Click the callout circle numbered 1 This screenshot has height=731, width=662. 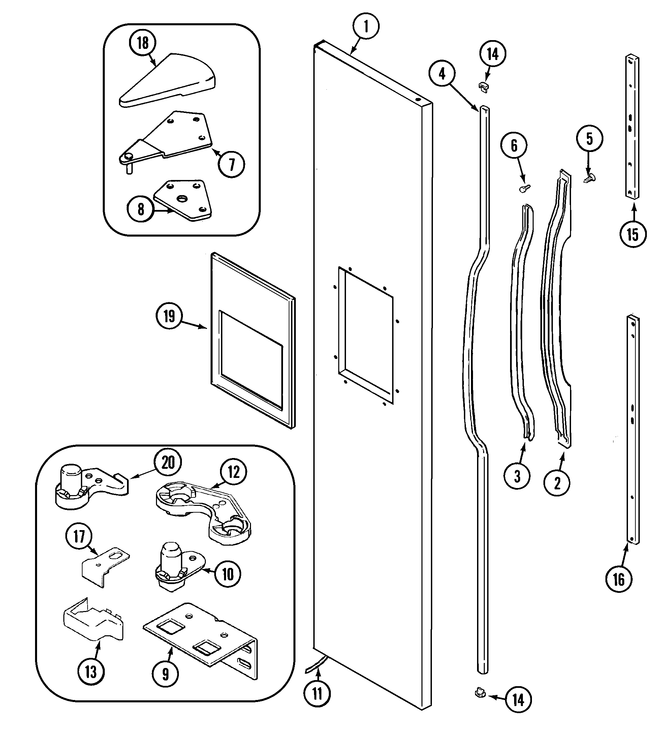click(x=366, y=27)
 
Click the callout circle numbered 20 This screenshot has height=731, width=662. click(x=167, y=463)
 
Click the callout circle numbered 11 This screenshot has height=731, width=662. click(x=317, y=694)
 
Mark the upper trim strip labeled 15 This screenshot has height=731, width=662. click(x=632, y=127)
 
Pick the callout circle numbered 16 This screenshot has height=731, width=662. click(x=619, y=579)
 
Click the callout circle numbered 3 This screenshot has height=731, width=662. click(x=517, y=476)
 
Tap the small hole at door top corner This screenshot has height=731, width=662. click(x=418, y=99)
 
